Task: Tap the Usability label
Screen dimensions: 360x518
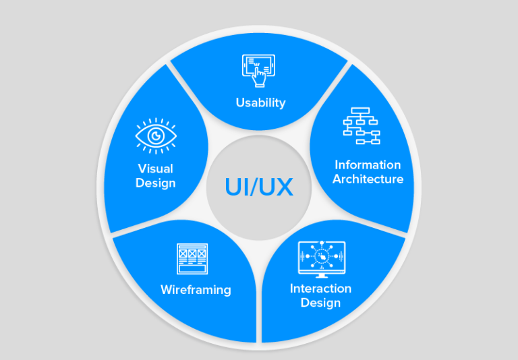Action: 260,103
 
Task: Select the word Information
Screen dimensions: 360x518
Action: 368,164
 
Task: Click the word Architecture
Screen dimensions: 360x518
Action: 368,179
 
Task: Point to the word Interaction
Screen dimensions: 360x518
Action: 320,289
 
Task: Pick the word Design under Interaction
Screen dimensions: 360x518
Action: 320,303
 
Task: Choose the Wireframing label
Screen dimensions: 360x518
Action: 196,290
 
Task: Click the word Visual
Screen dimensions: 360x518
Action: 155,169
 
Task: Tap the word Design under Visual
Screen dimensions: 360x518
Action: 155,183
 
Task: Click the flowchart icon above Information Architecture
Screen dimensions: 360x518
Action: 362,125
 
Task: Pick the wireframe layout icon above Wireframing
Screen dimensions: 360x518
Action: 192,259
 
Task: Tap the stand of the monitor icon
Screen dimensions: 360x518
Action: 321,274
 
